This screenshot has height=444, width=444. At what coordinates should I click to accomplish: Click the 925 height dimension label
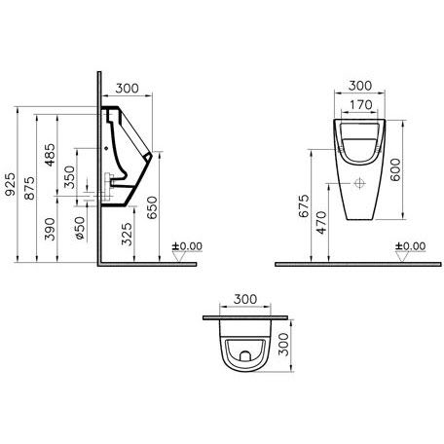11,184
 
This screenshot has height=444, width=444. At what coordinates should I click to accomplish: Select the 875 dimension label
29,188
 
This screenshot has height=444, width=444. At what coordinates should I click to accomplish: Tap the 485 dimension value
50,155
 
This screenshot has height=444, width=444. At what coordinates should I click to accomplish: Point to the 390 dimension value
50,229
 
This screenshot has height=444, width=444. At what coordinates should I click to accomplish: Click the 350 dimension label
69,177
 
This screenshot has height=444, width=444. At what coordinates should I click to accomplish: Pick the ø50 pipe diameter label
80,228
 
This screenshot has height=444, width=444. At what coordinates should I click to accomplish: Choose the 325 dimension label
127,234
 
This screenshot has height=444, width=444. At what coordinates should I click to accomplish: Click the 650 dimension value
152,207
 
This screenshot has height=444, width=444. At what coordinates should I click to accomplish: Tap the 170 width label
361,105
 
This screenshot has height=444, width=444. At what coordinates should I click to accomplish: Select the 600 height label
395,169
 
